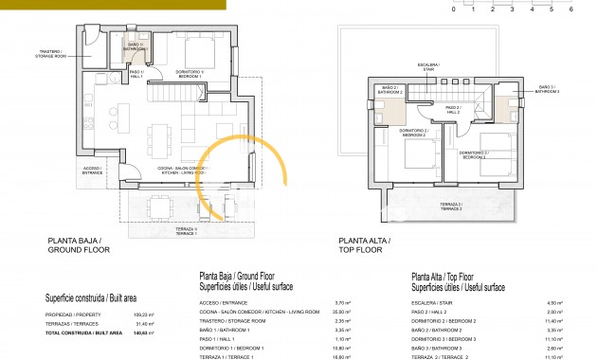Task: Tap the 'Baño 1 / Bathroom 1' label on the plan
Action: (136, 45)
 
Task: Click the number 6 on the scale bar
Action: (571, 8)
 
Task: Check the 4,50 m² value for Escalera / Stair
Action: (556, 302)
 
